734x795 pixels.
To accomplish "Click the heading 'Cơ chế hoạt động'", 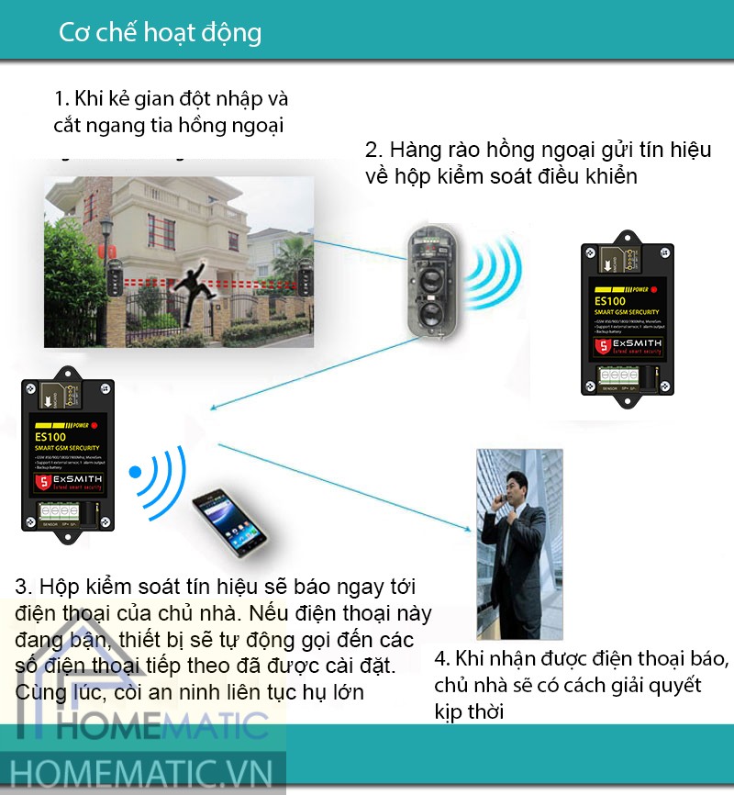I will tap(160, 33).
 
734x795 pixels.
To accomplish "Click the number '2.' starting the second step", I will tap(373, 151).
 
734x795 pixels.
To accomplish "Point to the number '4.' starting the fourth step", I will tap(442, 659).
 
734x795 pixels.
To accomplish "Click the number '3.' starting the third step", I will tap(24, 587).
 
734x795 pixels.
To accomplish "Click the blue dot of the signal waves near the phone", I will tap(135, 474).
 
